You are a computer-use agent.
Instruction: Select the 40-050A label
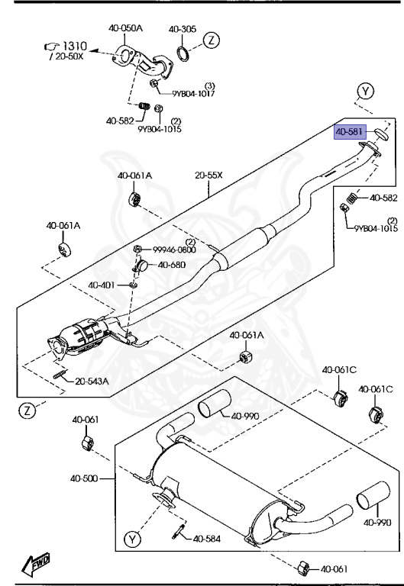[x=126, y=28]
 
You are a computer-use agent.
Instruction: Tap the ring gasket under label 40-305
[x=184, y=54]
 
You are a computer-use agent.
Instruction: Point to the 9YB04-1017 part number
[x=192, y=94]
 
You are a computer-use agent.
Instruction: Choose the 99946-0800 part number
[x=173, y=250]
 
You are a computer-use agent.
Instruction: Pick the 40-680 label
[x=172, y=265]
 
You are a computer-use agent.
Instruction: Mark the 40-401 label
[x=101, y=285]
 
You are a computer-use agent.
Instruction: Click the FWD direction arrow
[x=37, y=565]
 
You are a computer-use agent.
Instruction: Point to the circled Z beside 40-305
[x=212, y=40]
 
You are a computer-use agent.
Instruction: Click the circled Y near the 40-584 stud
[x=133, y=541]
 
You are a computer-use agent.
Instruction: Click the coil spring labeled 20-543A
[x=59, y=373]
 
